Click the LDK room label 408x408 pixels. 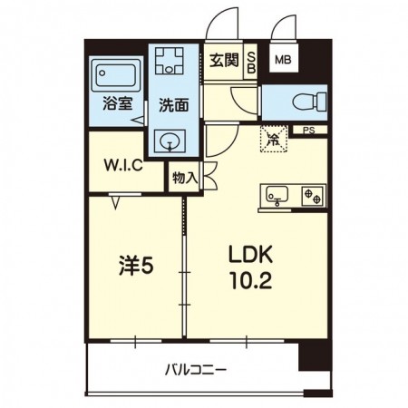tap(251, 255)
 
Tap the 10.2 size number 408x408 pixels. tap(251, 280)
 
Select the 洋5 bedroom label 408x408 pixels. tap(136, 266)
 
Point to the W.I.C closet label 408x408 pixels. tap(123, 165)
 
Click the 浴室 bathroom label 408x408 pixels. tap(118, 103)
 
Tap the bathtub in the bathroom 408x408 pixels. tap(116, 74)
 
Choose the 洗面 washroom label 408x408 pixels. tap(174, 105)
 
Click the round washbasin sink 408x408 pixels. tap(170, 141)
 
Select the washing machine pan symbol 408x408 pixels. tap(170, 61)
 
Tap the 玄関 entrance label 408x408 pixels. tap(224, 61)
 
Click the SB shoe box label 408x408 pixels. tap(251, 63)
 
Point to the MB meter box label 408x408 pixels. tap(283, 60)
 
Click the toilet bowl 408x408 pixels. tap(310, 102)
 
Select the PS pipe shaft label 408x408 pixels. tap(309, 131)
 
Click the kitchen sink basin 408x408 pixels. tap(277, 195)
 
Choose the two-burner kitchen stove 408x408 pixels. tap(313, 196)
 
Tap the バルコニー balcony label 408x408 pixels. tap(196, 370)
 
